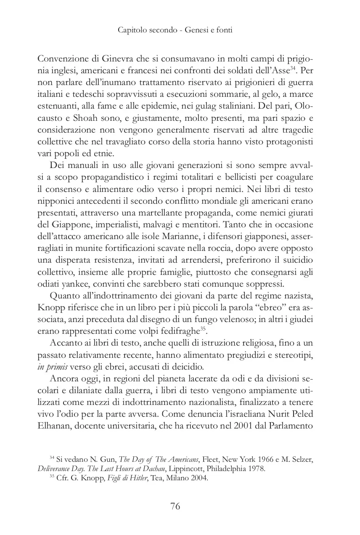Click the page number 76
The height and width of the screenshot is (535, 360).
coord(175,506)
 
